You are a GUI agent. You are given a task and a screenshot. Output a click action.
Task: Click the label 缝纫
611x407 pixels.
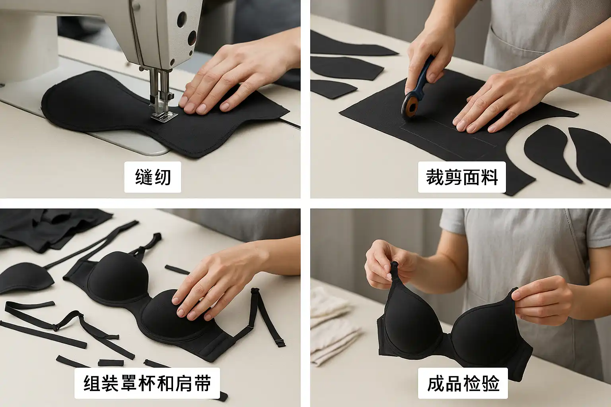coord(153,177)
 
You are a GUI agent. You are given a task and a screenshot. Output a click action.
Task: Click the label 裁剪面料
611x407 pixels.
coord(462,177)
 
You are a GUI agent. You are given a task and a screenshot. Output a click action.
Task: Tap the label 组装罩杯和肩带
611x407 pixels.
coord(147,383)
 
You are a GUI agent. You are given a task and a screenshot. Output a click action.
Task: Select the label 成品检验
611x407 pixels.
coord(463,383)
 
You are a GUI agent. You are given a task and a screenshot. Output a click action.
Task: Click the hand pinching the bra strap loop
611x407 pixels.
coord(390,264)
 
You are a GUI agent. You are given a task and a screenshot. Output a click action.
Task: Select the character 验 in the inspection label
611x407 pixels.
coord(490,383)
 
